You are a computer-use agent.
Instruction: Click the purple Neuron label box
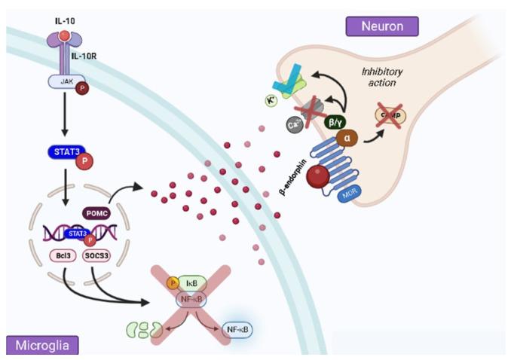tap(381, 26)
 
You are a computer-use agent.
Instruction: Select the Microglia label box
tap(42, 345)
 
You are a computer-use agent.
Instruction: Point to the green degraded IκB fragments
tap(143, 329)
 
